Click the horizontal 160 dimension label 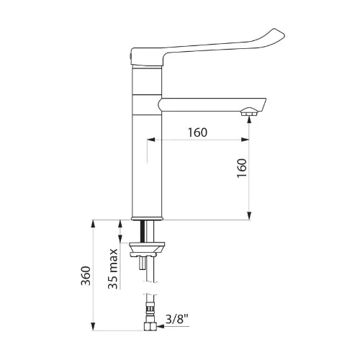[197, 132]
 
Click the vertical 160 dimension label [242, 168]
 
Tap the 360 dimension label [86, 276]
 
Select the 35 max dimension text [113, 269]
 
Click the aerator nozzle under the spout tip [250, 112]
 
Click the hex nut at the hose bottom [150, 327]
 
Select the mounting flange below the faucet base [147, 250]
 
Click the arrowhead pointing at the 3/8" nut [160, 326]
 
